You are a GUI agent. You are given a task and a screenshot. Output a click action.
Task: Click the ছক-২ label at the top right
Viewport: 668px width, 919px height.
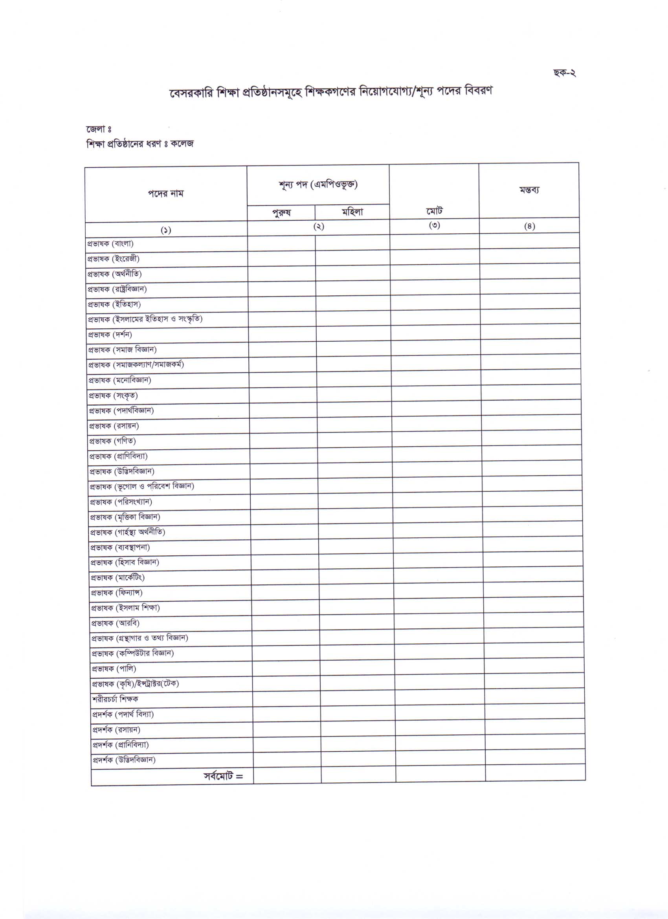pos(564,73)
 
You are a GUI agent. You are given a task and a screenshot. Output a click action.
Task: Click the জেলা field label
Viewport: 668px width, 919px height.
pos(98,129)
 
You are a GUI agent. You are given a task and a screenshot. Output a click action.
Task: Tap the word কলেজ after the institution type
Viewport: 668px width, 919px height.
pos(182,143)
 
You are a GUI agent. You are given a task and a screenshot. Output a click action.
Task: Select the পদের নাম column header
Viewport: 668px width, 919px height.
pos(165,194)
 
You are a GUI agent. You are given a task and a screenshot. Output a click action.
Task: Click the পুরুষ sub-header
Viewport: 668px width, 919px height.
pos(281,213)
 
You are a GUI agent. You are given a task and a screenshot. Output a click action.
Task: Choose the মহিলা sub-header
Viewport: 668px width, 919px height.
pos(352,212)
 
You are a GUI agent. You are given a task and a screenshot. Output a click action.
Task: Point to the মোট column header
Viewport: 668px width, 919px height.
pos(434,211)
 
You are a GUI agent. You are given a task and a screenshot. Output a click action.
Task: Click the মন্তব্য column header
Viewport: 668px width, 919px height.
pos(529,190)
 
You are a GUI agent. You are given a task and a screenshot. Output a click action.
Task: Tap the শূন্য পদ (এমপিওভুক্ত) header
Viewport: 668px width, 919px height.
pos(318,185)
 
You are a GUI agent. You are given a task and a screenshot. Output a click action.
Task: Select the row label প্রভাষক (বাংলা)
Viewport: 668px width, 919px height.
pos(110,244)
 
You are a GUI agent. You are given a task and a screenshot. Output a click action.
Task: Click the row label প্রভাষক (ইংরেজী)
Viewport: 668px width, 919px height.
pos(114,259)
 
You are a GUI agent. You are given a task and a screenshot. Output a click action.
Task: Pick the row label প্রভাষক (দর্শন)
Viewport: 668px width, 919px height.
pos(110,335)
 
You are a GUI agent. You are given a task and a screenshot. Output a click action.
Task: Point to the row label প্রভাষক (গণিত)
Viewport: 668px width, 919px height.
pos(112,441)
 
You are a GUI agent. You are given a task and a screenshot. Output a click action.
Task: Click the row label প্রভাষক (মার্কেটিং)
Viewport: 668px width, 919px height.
pos(117,577)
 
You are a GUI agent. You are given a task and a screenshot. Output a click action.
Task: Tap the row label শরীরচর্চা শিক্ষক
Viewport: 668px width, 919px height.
pos(115,699)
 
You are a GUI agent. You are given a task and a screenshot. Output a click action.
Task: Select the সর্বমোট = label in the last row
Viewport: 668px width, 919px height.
pos(223,776)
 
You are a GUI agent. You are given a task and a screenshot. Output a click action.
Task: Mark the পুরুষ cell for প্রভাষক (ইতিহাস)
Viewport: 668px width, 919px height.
pos(282,304)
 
